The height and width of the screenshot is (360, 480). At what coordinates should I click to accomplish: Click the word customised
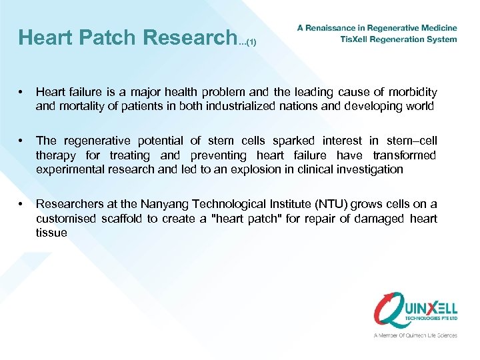point(65,219)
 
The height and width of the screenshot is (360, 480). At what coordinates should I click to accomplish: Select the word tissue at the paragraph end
point(51,233)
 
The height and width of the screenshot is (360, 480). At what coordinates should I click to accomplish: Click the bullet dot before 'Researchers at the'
point(23,204)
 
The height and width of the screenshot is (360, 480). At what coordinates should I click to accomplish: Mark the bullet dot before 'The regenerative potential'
point(23,141)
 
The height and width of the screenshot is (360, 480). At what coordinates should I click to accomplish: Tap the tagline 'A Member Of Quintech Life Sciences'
point(415,335)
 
